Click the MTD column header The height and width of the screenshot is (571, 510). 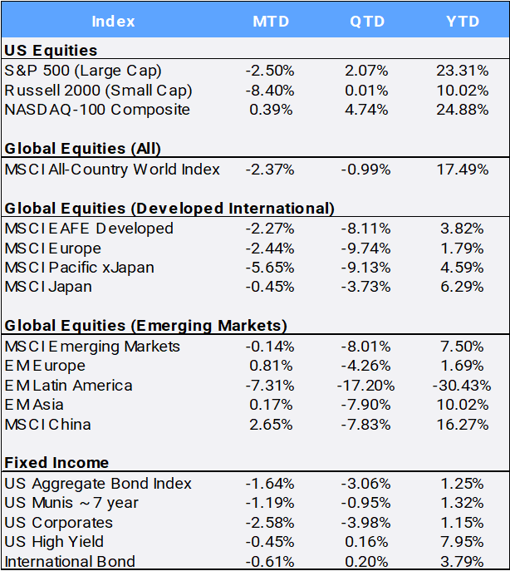point(271,21)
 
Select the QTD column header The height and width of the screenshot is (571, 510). point(367,21)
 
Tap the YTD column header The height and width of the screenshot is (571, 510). point(463,21)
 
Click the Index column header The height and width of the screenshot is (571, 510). point(113,21)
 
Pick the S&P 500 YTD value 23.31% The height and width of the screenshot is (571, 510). point(463,71)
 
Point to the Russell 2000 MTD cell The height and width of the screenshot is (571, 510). point(270,91)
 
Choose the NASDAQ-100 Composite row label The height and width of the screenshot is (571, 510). point(97,110)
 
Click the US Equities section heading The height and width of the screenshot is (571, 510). point(51,50)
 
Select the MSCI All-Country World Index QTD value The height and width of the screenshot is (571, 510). point(365,170)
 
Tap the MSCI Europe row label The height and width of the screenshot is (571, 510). point(53,249)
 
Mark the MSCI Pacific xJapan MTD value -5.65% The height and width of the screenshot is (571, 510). point(270,268)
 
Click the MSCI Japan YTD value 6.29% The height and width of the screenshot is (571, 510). point(462,287)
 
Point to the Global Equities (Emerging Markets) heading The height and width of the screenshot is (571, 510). point(146,326)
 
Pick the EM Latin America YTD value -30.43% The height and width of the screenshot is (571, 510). point(462,386)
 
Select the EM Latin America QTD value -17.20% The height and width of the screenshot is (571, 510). point(365,386)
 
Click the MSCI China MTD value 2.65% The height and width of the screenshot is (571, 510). point(271,425)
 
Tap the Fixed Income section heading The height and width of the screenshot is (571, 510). point(56,463)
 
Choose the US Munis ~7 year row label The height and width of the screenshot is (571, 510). point(71,503)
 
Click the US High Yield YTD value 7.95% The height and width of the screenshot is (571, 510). point(462,542)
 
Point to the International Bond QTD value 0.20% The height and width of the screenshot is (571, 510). point(366,562)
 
